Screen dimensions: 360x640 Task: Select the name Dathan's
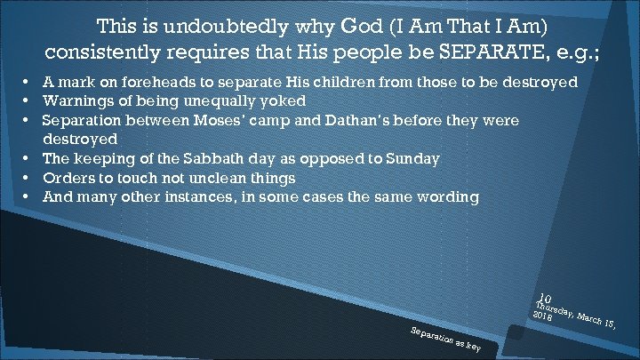[374, 120]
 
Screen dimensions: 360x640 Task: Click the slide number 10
[545, 300]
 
